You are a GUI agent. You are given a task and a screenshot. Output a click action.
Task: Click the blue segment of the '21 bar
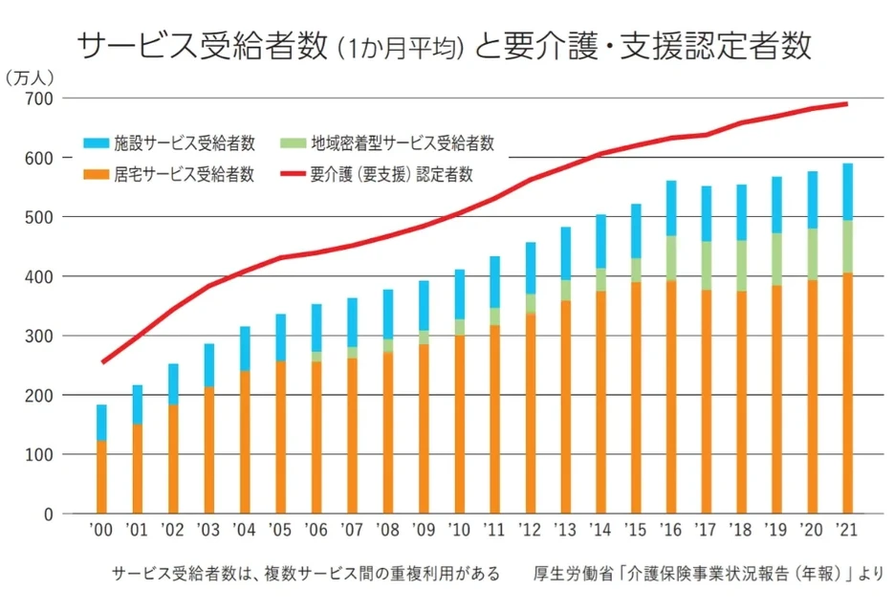click(x=846, y=191)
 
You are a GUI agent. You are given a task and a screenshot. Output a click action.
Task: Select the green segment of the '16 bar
click(x=670, y=257)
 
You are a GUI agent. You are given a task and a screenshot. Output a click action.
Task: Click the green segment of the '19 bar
click(x=776, y=259)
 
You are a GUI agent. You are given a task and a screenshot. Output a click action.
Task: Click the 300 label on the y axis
click(x=40, y=336)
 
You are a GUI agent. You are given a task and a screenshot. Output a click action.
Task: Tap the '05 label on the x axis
click(x=279, y=529)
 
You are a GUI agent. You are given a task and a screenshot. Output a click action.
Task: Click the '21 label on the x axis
click(x=846, y=529)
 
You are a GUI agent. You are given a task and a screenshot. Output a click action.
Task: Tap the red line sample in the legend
click(x=293, y=174)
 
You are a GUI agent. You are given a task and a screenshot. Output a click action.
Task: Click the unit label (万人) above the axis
click(x=31, y=76)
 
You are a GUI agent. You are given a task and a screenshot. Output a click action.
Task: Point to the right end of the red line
click(x=847, y=103)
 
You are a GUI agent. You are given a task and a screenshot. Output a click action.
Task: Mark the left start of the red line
click(x=101, y=362)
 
